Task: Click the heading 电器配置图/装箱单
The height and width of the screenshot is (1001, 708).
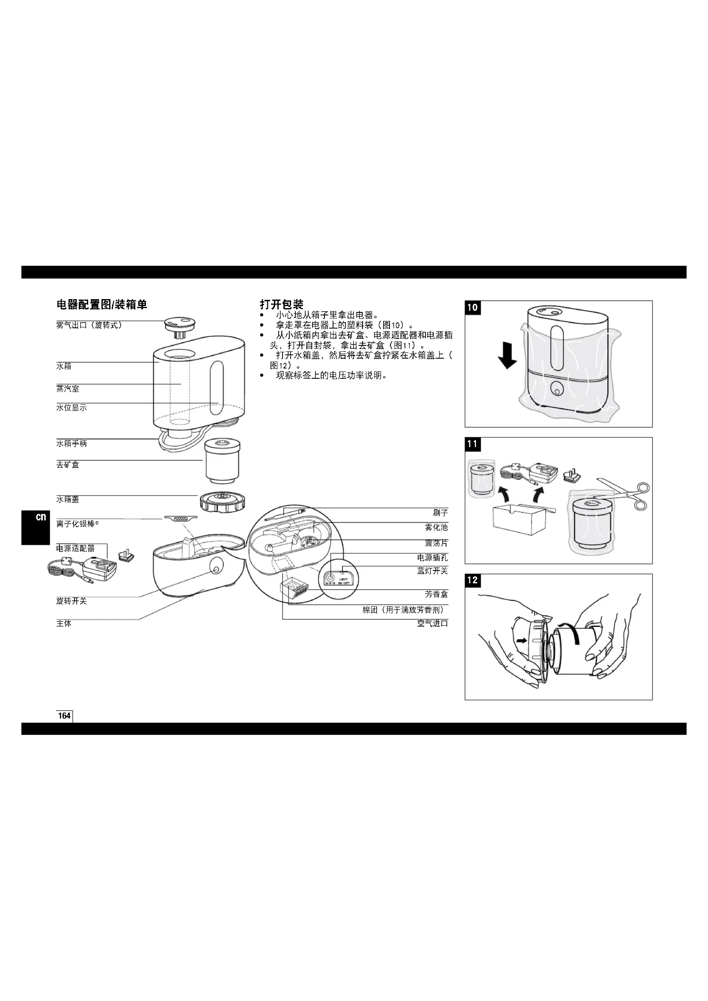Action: [x=101, y=305]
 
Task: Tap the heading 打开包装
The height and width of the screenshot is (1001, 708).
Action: [x=281, y=304]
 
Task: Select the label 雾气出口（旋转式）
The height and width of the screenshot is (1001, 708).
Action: [x=89, y=325]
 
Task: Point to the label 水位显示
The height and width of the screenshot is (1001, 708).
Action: [x=71, y=408]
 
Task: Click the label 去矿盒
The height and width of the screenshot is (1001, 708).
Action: [x=68, y=465]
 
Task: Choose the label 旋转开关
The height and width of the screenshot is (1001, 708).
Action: [x=71, y=601]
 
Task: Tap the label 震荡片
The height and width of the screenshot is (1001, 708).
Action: [x=436, y=543]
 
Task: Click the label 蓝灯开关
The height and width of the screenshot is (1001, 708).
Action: [x=432, y=571]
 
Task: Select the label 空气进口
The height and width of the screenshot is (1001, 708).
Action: [x=432, y=623]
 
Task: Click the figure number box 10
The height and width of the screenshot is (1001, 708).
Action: [x=473, y=308]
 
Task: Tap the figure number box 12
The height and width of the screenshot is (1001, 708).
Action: [x=473, y=580]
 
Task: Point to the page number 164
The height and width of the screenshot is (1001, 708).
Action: [x=64, y=716]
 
